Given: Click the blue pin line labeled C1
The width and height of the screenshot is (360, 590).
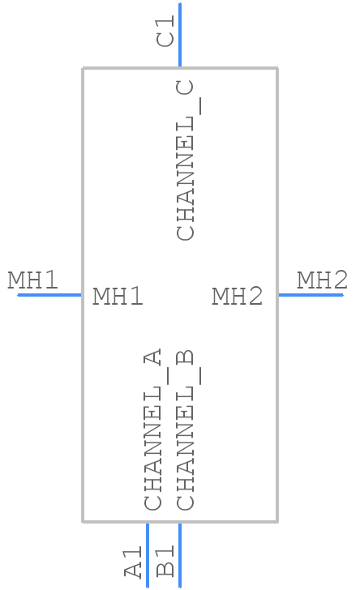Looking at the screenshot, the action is [180, 35].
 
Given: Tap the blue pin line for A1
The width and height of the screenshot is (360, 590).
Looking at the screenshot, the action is [148, 554].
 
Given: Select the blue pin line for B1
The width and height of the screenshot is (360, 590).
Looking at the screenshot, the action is [180, 554].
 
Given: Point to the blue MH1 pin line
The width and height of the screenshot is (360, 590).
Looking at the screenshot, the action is [49, 295].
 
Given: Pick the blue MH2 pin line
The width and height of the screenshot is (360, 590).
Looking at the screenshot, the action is [311, 295].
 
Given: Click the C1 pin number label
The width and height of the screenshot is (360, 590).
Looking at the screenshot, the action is [165, 31].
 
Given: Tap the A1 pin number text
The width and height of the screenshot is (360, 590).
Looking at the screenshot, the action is [133, 562].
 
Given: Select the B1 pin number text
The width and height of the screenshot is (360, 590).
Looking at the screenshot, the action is [165, 562].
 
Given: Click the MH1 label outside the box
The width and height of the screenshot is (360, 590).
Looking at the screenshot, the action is [32, 280].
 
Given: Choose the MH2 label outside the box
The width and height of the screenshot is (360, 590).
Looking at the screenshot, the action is [322, 280].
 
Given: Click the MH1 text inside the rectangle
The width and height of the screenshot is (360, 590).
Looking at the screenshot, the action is [118, 296].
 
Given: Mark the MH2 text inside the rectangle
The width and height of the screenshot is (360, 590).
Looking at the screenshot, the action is [238, 296].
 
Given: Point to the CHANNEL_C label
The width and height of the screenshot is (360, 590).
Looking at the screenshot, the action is [186, 160].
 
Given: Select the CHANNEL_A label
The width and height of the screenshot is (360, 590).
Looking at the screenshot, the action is [154, 430].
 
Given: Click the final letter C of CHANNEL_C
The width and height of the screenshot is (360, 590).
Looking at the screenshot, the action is [185, 88].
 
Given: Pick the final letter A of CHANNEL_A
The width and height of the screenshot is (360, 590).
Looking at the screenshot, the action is [152, 357].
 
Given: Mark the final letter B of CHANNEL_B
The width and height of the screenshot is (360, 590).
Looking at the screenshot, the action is [185, 357].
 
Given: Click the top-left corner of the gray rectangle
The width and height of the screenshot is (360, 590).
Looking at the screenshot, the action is [83, 68].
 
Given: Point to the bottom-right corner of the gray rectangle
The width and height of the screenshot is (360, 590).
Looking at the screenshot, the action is [277, 522].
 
